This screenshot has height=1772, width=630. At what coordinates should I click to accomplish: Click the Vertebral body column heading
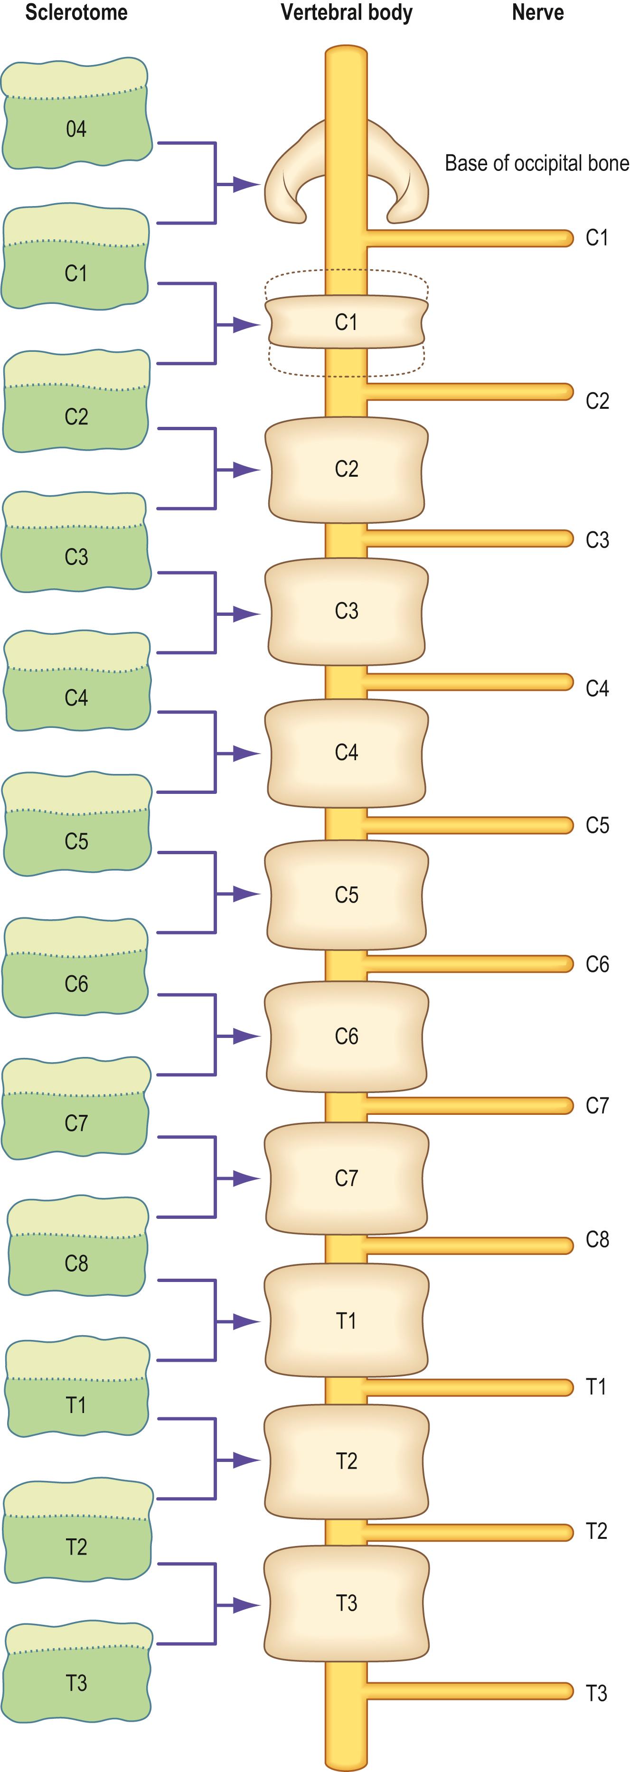[346, 12]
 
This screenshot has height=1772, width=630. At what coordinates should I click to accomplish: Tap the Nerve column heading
[538, 12]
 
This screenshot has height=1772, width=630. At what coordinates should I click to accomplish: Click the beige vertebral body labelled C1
[346, 322]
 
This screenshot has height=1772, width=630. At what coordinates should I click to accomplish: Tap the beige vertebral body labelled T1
[346, 1321]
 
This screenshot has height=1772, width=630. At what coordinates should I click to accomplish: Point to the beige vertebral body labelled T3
[346, 1603]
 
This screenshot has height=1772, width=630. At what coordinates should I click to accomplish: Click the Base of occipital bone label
[536, 163]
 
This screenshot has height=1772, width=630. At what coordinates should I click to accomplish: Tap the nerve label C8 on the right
[597, 1240]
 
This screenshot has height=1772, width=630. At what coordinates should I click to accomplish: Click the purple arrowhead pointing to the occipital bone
[245, 184]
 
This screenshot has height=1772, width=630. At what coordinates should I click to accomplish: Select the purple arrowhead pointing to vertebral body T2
[245, 1459]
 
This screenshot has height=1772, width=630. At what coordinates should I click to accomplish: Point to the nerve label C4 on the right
[597, 688]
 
